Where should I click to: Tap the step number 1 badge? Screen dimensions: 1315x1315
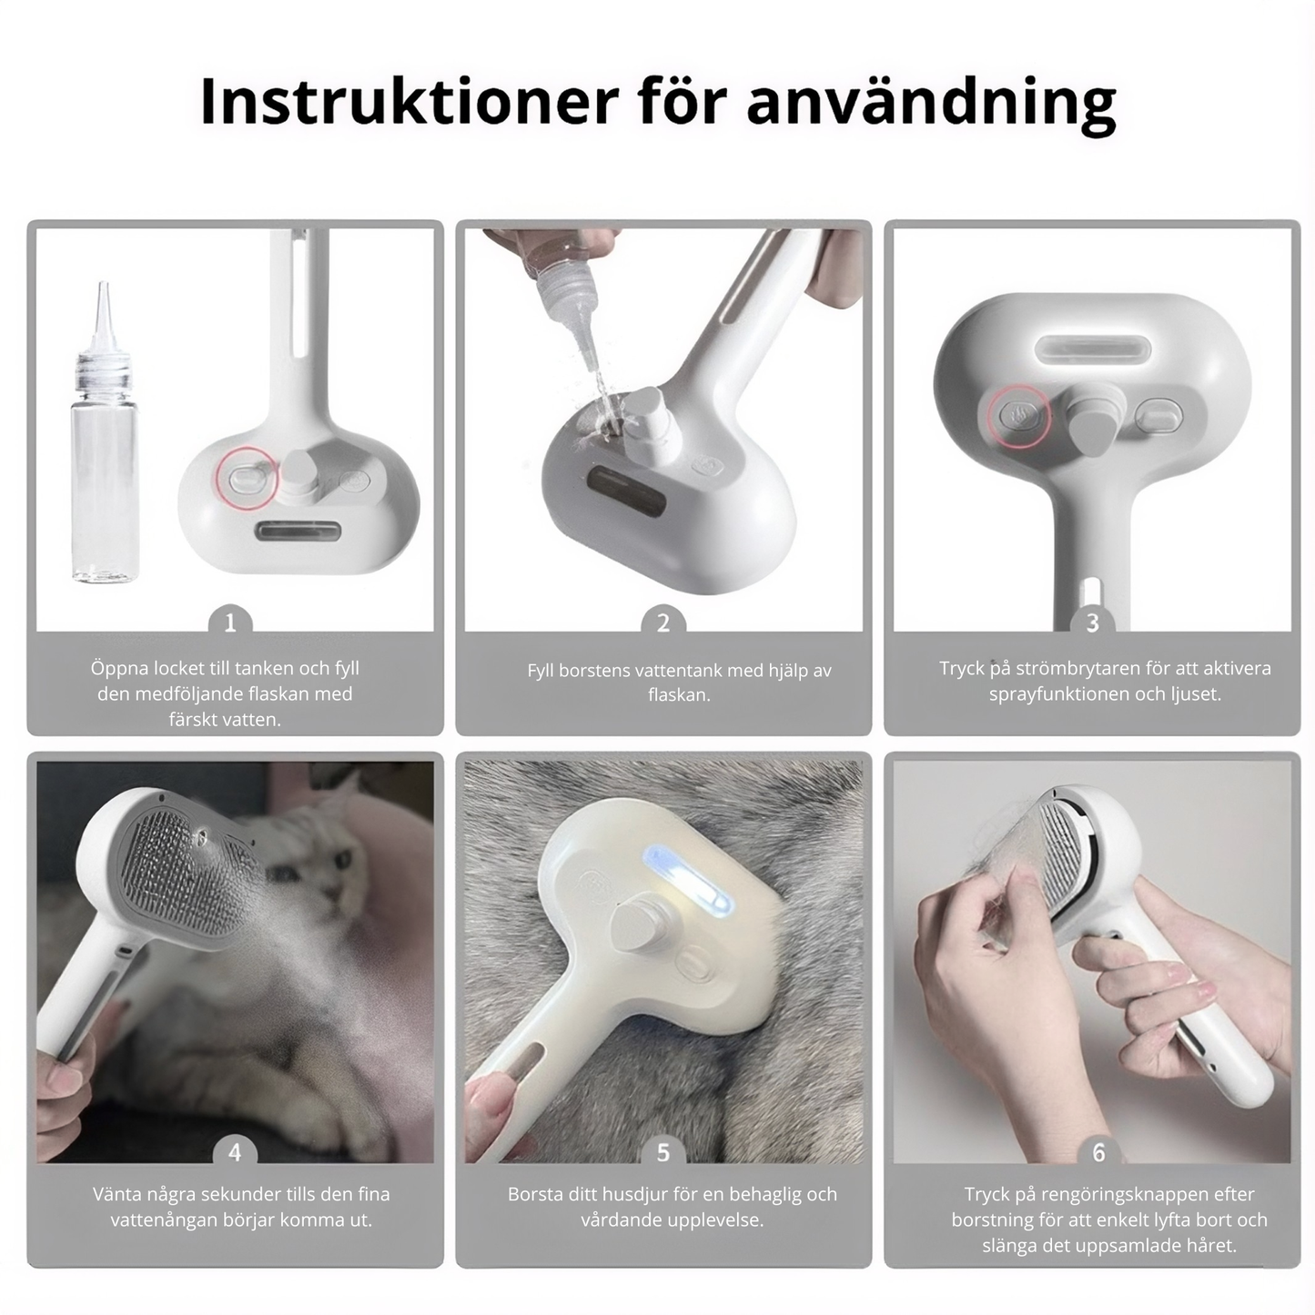pos(230,622)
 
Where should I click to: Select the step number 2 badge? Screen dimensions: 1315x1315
pos(663,622)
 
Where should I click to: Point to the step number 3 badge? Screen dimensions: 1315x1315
pos(1092,622)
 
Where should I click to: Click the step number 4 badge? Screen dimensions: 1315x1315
pos(234,1152)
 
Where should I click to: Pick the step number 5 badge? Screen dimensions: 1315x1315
pos(663,1152)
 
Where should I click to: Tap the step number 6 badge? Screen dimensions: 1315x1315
pos(1098,1152)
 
